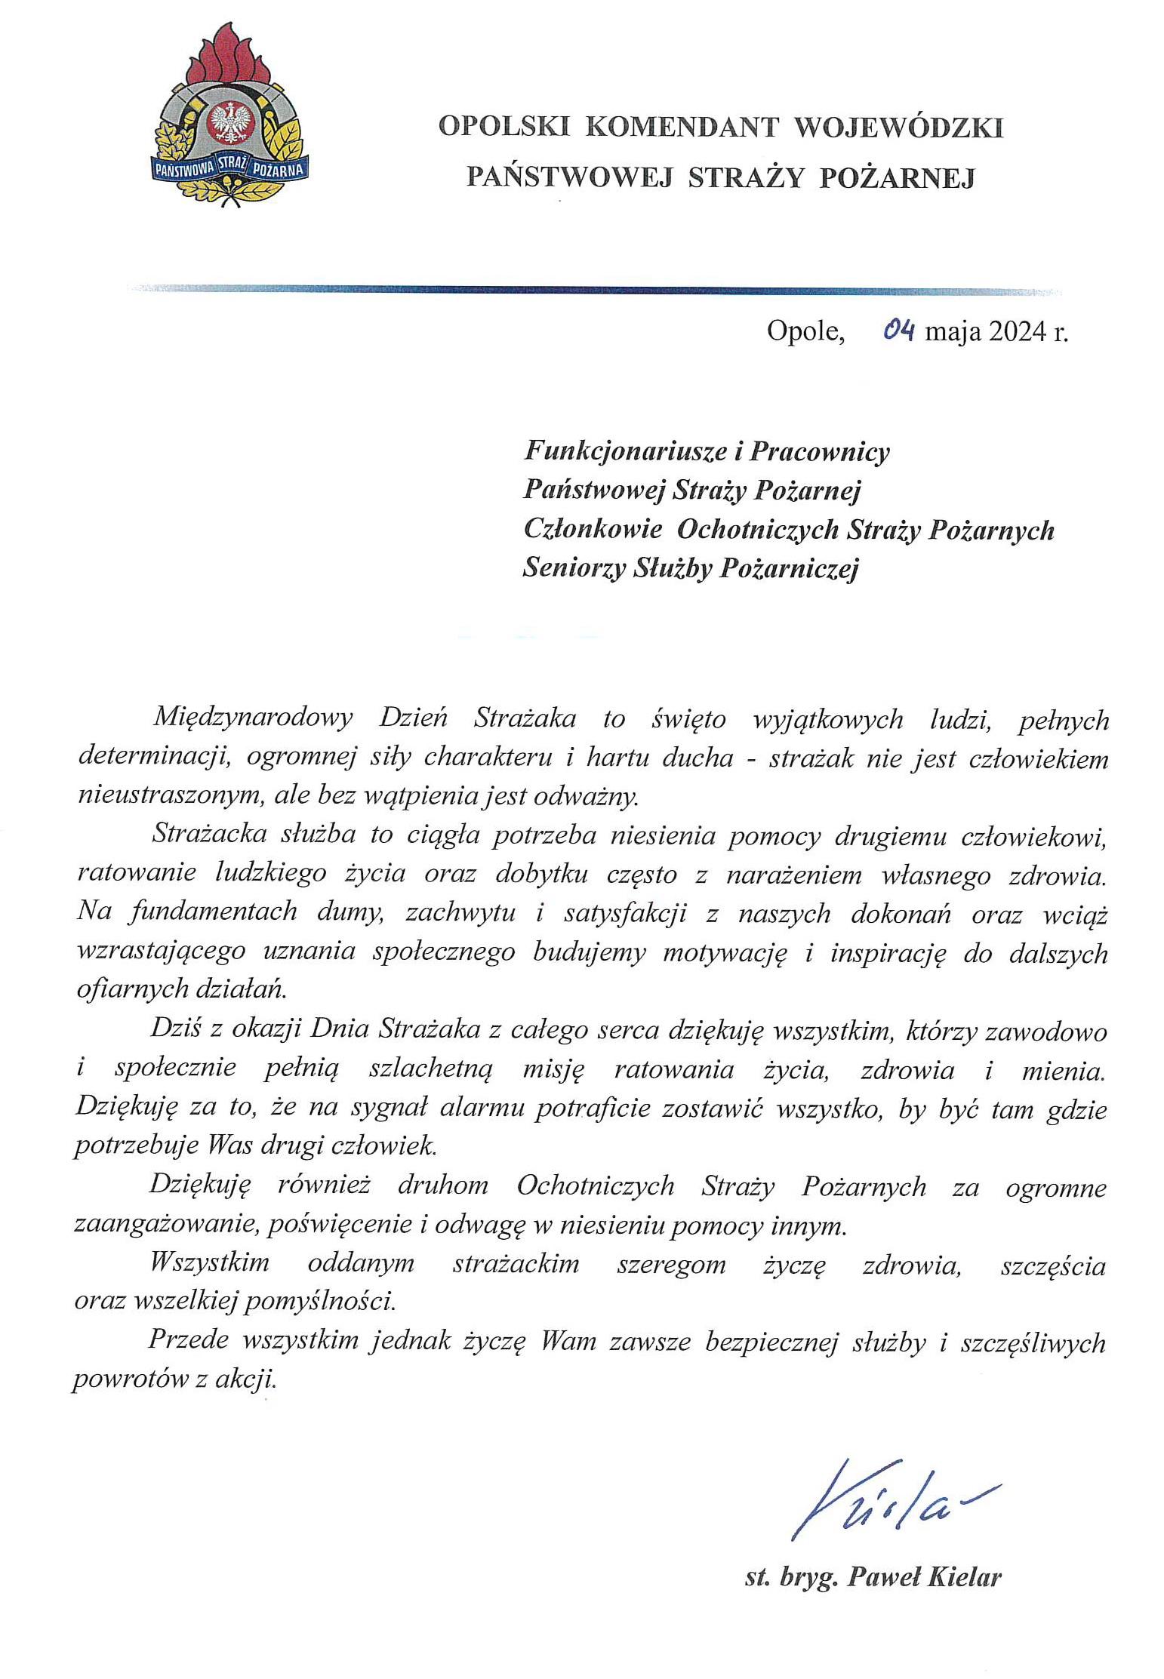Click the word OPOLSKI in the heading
click(503, 127)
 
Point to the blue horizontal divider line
click(596, 289)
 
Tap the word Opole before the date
click(804, 331)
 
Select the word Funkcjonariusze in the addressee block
click(624, 451)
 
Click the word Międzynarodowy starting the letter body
click(253, 718)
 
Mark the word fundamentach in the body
click(214, 912)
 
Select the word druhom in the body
click(443, 1186)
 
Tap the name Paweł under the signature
click(879, 1576)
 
